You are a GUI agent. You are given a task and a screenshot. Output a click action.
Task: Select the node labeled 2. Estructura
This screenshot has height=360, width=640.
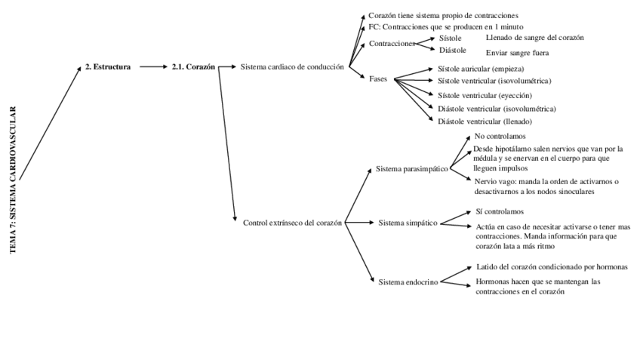click(108, 66)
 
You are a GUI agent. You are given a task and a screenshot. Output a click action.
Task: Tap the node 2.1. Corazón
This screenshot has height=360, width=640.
click(193, 66)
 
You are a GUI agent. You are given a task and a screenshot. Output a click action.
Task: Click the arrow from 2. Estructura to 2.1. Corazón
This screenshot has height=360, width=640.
click(153, 66)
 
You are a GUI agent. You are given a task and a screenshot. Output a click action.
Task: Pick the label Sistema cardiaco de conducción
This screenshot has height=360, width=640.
click(292, 66)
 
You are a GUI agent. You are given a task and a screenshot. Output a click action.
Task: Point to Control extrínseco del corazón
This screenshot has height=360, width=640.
click(293, 223)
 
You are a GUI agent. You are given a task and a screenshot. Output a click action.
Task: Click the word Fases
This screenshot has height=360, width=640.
click(378, 79)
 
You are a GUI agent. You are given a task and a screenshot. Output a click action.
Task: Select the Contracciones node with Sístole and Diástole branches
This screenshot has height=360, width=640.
click(392, 44)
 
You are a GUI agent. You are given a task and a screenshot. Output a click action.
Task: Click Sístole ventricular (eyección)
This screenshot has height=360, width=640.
click(485, 95)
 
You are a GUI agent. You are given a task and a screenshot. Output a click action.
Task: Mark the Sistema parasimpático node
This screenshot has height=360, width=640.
click(412, 169)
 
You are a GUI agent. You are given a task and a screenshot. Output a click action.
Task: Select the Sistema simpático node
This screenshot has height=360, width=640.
click(408, 223)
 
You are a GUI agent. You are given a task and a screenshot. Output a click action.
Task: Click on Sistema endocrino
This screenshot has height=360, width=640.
click(408, 283)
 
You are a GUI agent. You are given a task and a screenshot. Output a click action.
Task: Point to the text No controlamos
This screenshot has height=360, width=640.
click(500, 137)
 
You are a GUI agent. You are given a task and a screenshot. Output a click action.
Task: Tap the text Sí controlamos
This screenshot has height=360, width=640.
click(500, 211)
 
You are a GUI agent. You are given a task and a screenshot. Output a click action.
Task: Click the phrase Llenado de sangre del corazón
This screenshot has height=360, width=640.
click(534, 37)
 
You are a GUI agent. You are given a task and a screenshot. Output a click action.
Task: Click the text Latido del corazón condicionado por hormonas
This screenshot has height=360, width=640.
click(552, 266)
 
